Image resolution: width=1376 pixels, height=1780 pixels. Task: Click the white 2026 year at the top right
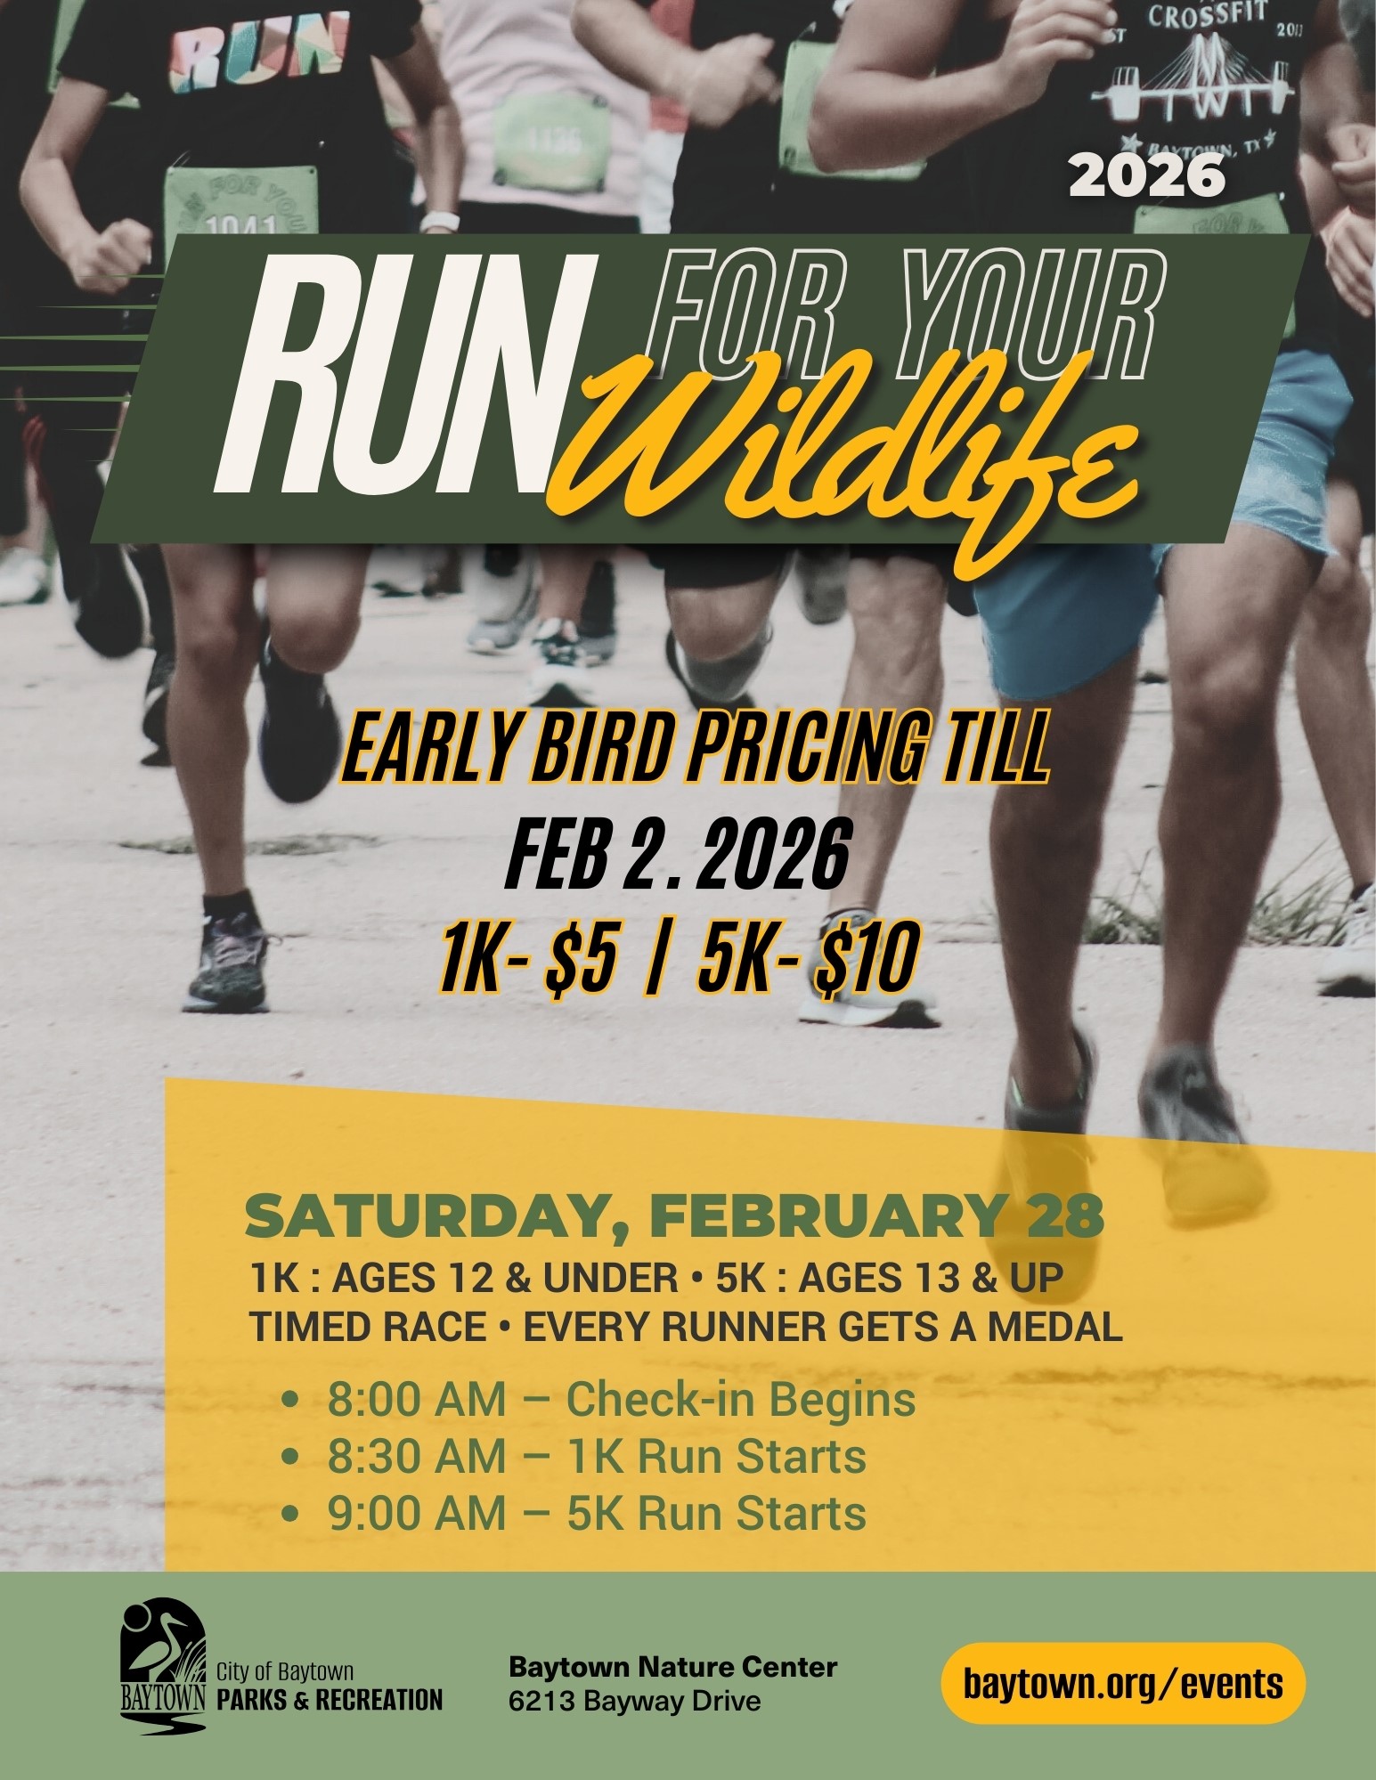pos(1147,176)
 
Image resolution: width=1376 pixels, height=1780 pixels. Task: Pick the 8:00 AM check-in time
pos(416,1399)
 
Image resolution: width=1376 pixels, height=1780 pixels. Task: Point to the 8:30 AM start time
pos(416,1457)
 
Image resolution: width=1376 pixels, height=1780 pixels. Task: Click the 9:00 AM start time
pos(416,1514)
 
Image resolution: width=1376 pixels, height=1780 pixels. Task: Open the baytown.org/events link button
pos(1123,1683)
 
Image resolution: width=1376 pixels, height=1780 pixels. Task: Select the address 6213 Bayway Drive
pos(635,1702)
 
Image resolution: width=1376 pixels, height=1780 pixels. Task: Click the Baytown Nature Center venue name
pos(672,1666)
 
